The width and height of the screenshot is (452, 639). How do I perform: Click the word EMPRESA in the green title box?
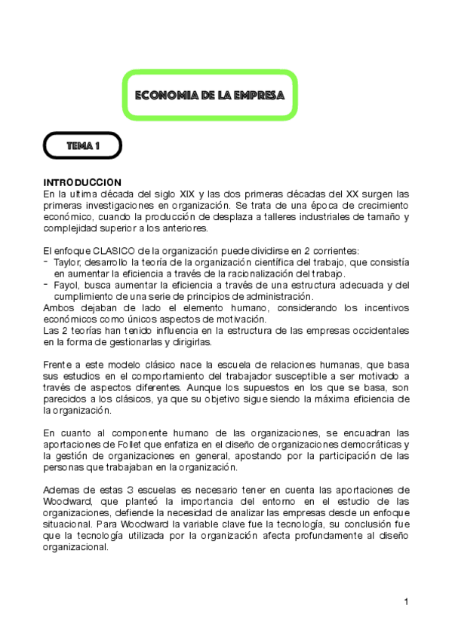point(260,96)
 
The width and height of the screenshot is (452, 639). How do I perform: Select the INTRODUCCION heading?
point(82,182)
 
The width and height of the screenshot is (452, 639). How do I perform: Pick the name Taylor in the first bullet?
point(68,261)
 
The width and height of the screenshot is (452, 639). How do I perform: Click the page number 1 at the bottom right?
point(406,601)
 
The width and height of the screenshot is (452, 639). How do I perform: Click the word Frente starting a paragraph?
point(58,365)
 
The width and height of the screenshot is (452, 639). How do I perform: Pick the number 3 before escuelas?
point(136,490)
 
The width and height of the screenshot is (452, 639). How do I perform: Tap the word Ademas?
point(62,490)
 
